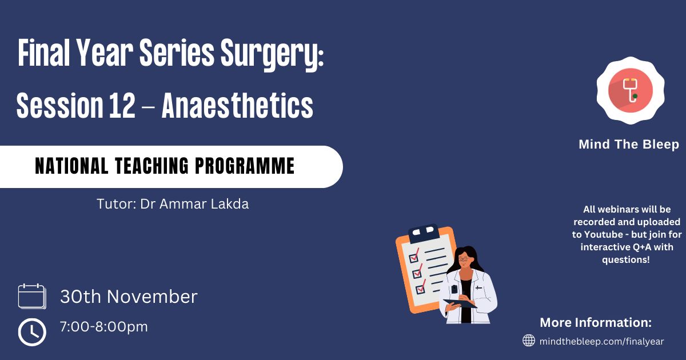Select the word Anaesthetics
click(x=237, y=105)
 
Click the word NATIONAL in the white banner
click(x=71, y=166)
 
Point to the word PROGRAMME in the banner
click(x=245, y=166)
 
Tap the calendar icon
click(x=32, y=296)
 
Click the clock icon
click(x=32, y=332)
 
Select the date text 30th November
click(x=129, y=297)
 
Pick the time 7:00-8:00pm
click(x=104, y=327)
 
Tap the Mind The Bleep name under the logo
click(x=629, y=144)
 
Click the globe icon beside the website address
click(x=529, y=341)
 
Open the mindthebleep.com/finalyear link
click(x=601, y=341)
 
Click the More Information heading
click(x=596, y=322)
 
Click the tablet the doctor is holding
click(x=460, y=303)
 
